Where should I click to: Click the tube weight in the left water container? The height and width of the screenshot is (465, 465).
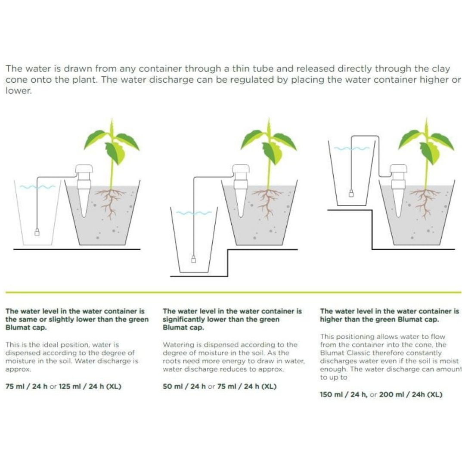37,233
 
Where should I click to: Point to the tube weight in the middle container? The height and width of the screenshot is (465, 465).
194,259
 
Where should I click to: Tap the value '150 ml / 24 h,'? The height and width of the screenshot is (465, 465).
344,394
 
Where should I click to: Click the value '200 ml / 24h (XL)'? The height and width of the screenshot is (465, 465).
410,394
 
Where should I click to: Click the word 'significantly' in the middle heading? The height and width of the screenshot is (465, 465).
184,319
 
